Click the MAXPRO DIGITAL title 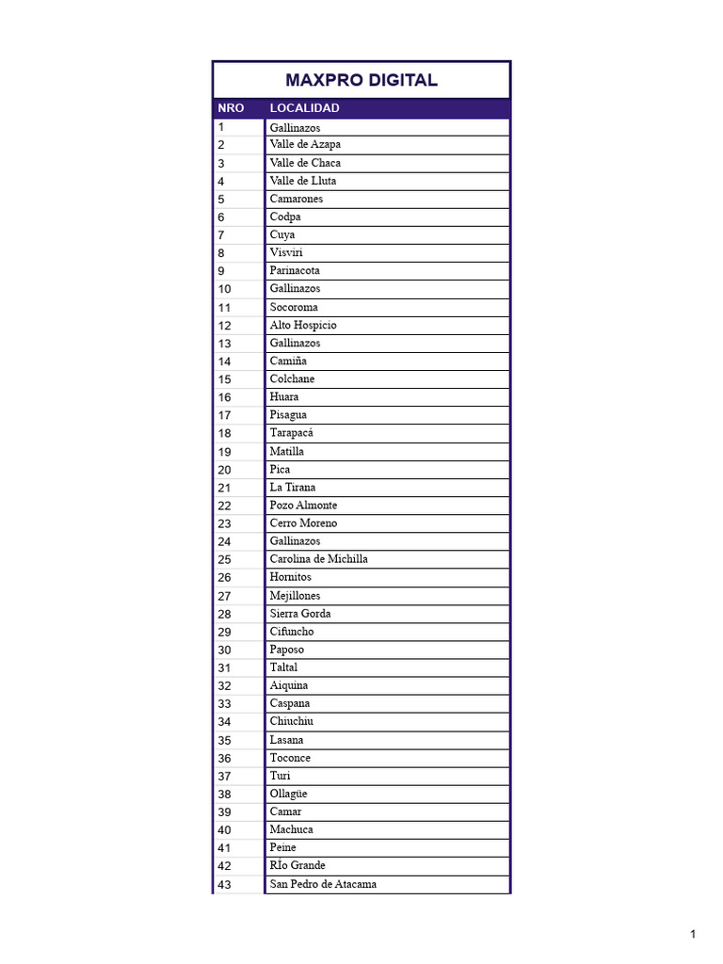click(x=361, y=80)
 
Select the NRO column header click(x=231, y=108)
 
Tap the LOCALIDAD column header click(x=304, y=108)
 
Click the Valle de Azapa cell click(x=305, y=145)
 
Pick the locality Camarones click(x=296, y=199)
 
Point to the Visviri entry click(x=286, y=252)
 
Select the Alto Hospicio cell click(x=302, y=325)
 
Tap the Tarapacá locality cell click(x=291, y=433)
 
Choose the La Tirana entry click(x=293, y=487)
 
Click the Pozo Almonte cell click(x=303, y=505)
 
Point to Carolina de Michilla click(x=318, y=559)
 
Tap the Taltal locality click(x=283, y=667)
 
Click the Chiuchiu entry click(x=292, y=721)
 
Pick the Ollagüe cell click(x=288, y=794)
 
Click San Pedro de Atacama click(x=323, y=884)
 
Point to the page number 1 click(x=693, y=934)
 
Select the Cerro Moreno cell click(x=303, y=522)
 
